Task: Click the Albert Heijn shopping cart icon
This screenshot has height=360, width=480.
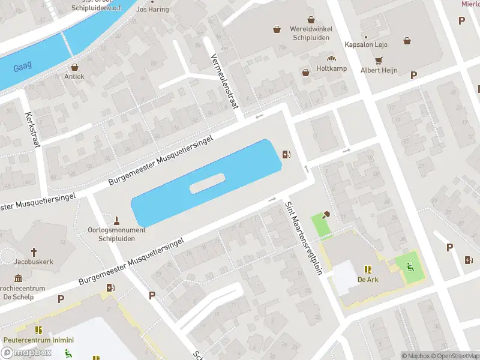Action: coord(379,61)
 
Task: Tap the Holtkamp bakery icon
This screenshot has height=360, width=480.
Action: coord(330,58)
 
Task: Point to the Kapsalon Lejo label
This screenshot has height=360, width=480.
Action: coord(366,44)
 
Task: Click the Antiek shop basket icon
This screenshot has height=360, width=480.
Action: coord(75,67)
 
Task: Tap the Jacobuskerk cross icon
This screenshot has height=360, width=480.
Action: coord(34,253)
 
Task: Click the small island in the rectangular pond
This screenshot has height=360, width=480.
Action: coord(207,183)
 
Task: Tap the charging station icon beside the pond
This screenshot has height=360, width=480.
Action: coord(287,155)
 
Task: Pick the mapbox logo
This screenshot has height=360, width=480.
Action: coord(26,353)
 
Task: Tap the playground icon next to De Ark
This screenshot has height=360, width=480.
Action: coord(411,267)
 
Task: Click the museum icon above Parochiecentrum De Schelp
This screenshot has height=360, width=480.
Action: coord(18,278)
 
